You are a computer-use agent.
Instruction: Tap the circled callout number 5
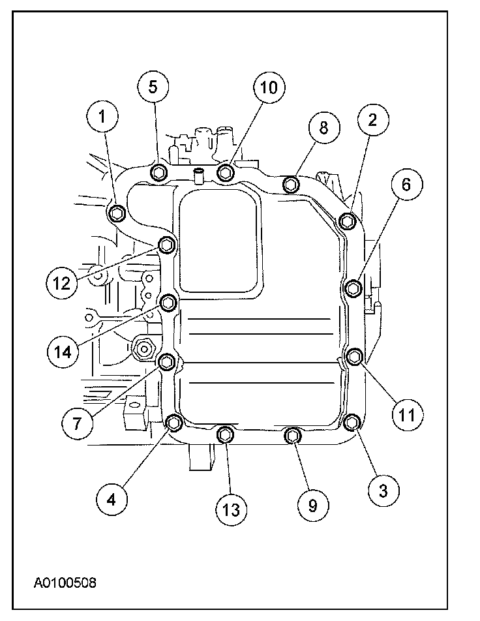coord(152,86)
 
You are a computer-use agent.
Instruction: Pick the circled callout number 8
coord(322,129)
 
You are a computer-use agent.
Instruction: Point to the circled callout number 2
coord(372,119)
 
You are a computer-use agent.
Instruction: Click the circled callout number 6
coord(406,185)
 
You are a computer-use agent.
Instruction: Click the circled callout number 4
coord(112,499)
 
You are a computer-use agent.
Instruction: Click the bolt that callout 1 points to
coord(117,213)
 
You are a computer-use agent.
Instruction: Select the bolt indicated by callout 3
coord(352,423)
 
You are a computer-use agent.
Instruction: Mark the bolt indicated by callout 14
coord(168,302)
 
